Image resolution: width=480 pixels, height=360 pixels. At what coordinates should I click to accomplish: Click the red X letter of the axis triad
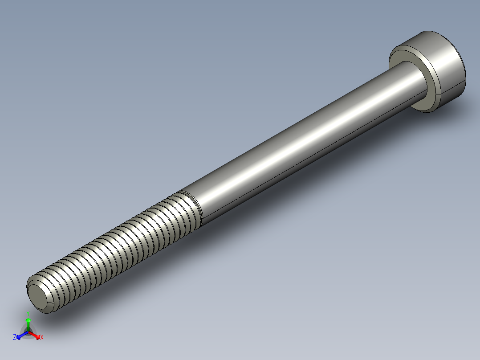click(x=42, y=338)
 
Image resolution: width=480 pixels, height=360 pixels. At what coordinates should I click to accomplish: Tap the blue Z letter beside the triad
click(x=15, y=338)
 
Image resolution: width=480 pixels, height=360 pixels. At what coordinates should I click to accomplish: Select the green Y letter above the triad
click(x=28, y=312)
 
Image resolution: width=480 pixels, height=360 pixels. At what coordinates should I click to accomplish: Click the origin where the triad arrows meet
click(x=28, y=332)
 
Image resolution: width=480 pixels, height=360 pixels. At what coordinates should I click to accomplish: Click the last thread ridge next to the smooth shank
click(x=189, y=209)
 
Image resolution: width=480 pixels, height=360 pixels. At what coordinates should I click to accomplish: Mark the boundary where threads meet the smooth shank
click(x=198, y=207)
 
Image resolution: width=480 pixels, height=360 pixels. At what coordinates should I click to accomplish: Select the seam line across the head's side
click(x=452, y=87)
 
